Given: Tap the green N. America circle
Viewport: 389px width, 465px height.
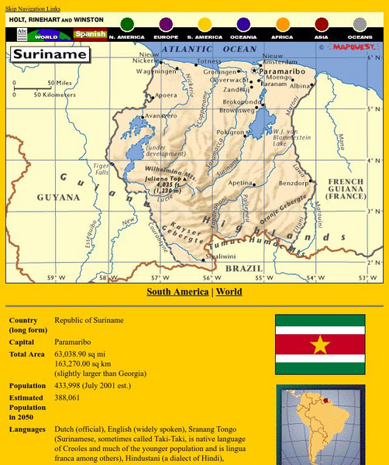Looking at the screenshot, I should tap(127, 25).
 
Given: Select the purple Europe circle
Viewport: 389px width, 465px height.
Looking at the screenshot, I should tap(166, 25).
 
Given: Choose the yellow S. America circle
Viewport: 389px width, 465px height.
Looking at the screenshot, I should tap(205, 25).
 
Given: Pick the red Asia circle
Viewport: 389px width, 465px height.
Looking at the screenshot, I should tap(321, 25).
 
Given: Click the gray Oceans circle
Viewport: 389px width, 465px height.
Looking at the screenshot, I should tap(360, 25).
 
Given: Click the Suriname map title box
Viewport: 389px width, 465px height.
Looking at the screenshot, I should tap(49, 55).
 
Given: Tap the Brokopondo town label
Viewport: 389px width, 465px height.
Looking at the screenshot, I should tap(241, 102).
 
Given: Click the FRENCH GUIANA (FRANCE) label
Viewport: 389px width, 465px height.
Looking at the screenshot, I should tap(346, 188).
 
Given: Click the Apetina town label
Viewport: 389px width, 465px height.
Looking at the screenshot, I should tap(239, 183).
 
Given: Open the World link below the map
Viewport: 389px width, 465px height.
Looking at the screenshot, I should tap(229, 292).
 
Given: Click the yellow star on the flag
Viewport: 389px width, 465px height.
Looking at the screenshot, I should tap(319, 343).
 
